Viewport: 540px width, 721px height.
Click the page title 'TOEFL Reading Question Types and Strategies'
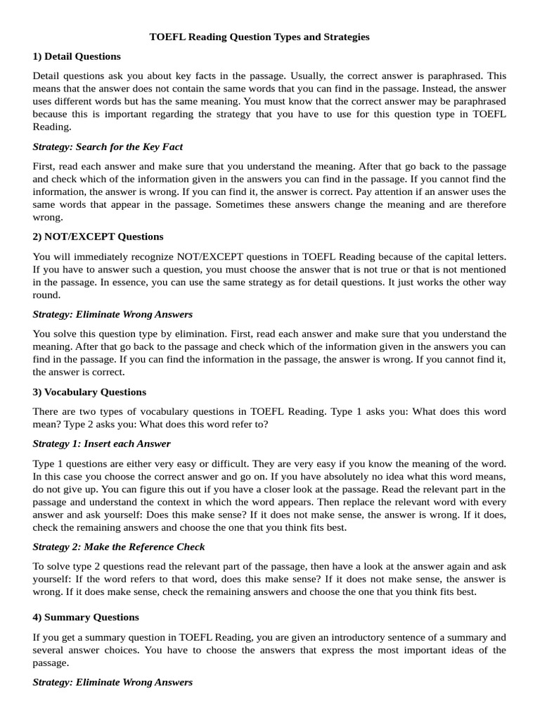(x=259, y=37)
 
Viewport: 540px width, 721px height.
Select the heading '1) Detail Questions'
(x=77, y=56)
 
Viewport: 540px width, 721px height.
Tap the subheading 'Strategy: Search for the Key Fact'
(x=108, y=146)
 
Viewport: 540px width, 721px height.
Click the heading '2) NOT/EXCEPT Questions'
(x=98, y=236)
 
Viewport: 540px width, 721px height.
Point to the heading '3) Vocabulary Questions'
(x=89, y=391)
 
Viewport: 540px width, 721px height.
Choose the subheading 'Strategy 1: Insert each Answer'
(x=102, y=444)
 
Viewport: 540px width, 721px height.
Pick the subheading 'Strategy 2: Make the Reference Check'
(x=119, y=546)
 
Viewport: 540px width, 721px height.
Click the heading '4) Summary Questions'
(x=86, y=617)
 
